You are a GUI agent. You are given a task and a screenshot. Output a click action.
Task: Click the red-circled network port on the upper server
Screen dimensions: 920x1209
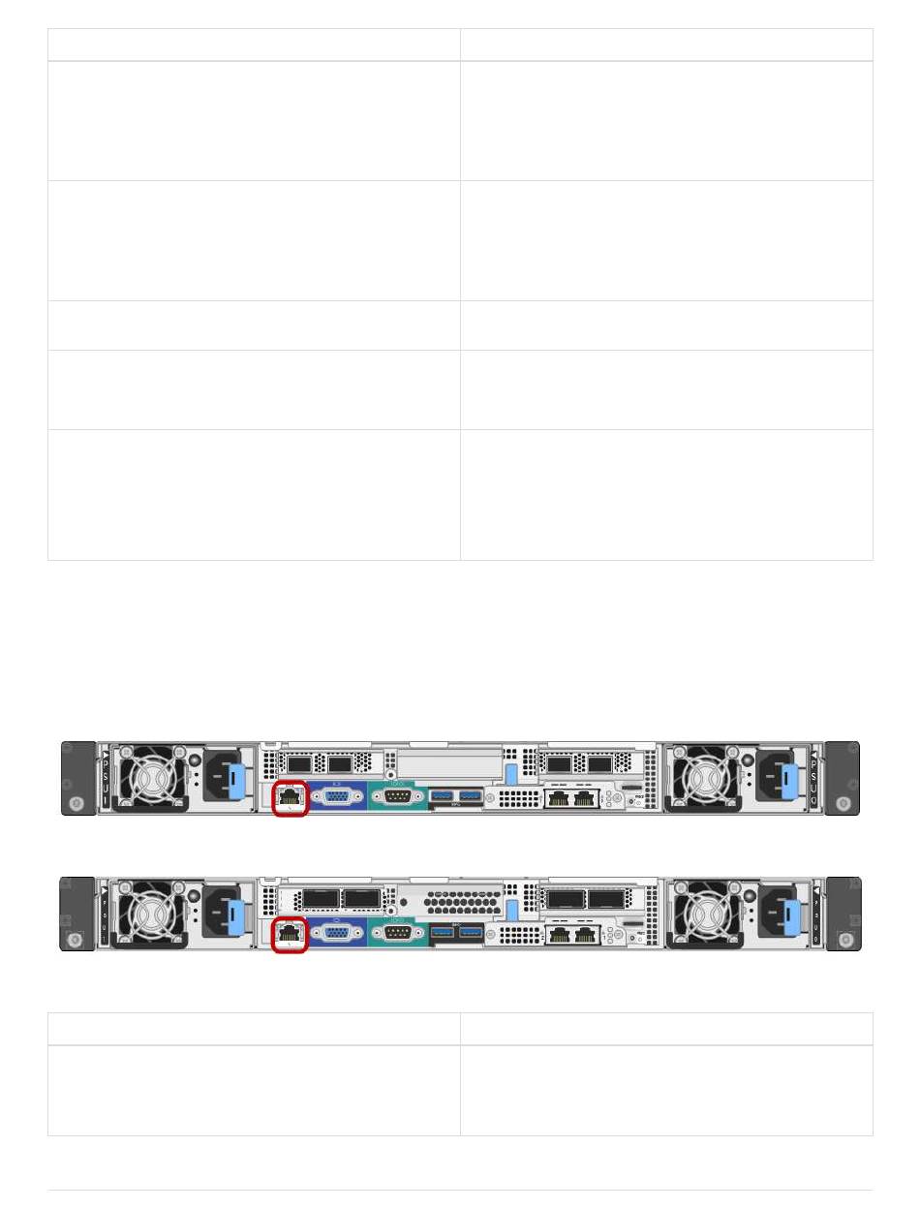point(291,797)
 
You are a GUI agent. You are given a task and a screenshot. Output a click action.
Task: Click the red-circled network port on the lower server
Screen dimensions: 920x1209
point(291,933)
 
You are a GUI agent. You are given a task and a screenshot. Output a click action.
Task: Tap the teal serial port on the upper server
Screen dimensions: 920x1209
point(397,797)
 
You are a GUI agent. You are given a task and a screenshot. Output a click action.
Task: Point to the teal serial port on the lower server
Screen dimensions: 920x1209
point(397,933)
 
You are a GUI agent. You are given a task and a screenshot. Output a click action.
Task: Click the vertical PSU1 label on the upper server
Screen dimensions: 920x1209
point(106,777)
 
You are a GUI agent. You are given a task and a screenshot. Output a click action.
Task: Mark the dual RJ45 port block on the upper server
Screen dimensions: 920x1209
point(571,799)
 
